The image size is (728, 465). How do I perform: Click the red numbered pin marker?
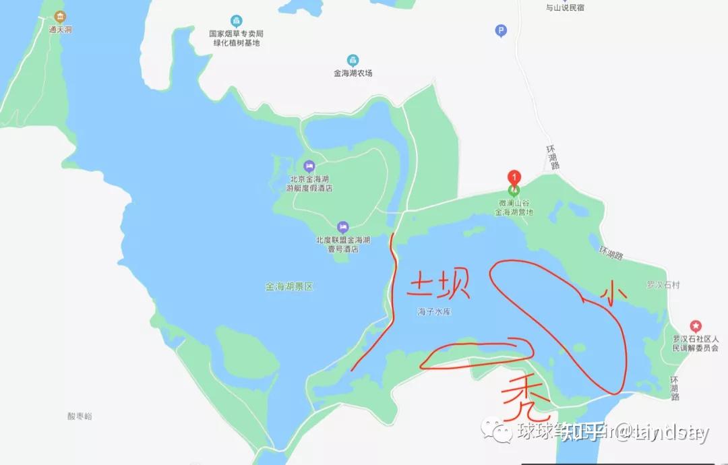click(514, 177)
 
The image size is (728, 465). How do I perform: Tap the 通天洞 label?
click(61, 30)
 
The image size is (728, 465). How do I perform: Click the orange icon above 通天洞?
click(61, 17)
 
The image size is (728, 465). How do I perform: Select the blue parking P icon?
click(500, 30)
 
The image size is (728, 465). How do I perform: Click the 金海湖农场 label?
click(353, 73)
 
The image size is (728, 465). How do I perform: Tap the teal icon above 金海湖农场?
click(353, 60)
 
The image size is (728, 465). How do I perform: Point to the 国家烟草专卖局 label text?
click(235, 34)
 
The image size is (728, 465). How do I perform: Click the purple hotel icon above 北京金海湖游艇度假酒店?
click(309, 166)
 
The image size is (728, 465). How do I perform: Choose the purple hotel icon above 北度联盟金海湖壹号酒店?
click(342, 226)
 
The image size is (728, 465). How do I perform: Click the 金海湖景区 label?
click(289, 286)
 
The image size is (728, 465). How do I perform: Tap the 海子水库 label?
click(434, 312)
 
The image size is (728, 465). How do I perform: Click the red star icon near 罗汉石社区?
click(696, 326)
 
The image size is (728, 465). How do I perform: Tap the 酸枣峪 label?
click(80, 416)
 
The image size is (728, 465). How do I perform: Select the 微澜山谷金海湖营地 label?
click(514, 207)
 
